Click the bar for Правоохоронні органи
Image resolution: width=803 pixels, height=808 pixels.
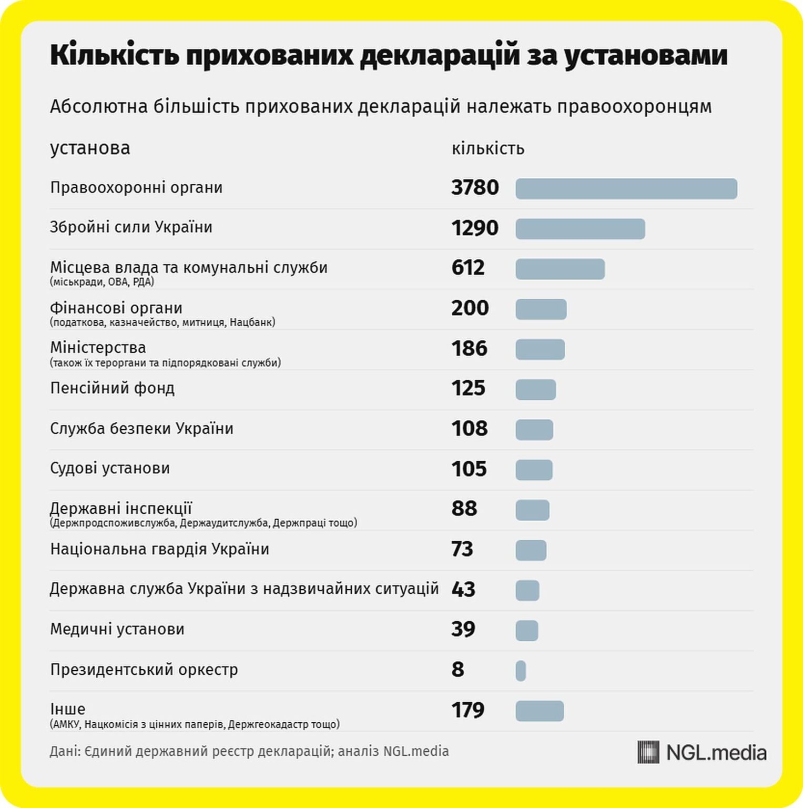(x=626, y=189)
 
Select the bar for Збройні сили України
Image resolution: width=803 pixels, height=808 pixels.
(x=580, y=229)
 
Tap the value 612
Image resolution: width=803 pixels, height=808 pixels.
(x=467, y=268)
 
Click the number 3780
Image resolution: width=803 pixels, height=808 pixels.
(x=474, y=188)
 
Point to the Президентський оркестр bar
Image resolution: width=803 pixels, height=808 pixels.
(x=521, y=671)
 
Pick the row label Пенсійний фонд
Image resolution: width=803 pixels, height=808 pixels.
(x=112, y=388)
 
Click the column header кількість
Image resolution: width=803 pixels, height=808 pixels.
(x=487, y=149)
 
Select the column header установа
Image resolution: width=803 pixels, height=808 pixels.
(x=90, y=148)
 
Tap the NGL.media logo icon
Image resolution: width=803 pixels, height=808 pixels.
(x=648, y=752)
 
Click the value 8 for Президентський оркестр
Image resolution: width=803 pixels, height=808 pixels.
(x=458, y=670)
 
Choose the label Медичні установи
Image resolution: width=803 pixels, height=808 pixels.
(x=117, y=629)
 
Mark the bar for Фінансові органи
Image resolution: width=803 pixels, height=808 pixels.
(x=541, y=309)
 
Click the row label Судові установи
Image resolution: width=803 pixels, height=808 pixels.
(x=109, y=468)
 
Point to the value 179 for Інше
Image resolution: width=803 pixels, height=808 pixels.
(x=467, y=710)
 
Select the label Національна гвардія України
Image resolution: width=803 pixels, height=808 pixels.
(x=159, y=549)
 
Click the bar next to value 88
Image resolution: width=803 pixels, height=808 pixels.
(x=532, y=510)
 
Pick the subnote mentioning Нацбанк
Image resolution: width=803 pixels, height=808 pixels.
(x=162, y=322)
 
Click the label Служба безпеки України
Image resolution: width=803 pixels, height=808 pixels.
(x=141, y=429)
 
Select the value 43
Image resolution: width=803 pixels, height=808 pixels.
(x=463, y=589)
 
